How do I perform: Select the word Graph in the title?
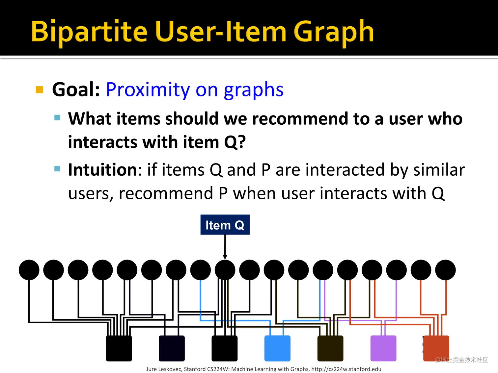[x=334, y=32]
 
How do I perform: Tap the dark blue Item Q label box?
[x=225, y=224]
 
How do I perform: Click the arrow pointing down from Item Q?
[x=225, y=247]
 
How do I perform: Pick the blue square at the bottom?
[x=277, y=348]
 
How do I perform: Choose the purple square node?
[x=383, y=348]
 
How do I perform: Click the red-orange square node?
[x=436, y=348]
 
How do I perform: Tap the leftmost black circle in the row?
[x=29, y=270]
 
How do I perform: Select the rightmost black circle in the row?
[x=445, y=270]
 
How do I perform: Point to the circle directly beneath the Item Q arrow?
[x=225, y=270]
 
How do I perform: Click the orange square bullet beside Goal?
[x=39, y=89]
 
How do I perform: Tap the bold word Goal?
[x=76, y=89]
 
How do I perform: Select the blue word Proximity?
[x=148, y=90]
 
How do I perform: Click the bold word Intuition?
[x=102, y=169]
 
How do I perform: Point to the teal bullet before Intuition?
[x=57, y=168]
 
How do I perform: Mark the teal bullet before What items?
[x=57, y=117]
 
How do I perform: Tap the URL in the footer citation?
[x=346, y=369]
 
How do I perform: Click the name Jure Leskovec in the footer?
[x=164, y=369]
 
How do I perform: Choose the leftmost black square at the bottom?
[x=119, y=348]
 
